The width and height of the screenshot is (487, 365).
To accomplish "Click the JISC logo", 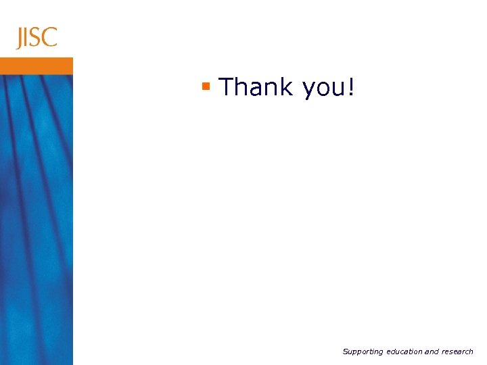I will click(x=37, y=37).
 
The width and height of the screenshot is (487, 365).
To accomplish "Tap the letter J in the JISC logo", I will click(x=21, y=39).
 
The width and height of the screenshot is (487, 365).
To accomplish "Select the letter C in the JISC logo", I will click(x=49, y=38).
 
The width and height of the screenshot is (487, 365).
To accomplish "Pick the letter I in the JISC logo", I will click(x=28, y=38).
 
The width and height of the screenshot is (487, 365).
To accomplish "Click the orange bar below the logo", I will click(x=36, y=66).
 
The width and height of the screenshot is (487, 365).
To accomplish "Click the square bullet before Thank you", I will click(x=206, y=86).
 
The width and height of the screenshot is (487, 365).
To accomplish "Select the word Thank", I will click(x=256, y=87).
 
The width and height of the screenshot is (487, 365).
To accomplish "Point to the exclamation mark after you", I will click(x=350, y=87).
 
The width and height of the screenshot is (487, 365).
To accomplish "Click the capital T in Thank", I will click(x=227, y=87).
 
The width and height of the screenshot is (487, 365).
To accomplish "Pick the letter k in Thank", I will click(x=286, y=87).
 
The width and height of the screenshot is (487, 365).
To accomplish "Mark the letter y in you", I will click(x=308, y=91).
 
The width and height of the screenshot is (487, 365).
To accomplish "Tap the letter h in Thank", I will click(x=241, y=87).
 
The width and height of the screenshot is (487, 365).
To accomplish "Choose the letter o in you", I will click(x=323, y=89).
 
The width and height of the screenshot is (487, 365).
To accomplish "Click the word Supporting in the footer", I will click(x=363, y=351).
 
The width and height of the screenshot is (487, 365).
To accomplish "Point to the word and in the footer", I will click(x=432, y=351).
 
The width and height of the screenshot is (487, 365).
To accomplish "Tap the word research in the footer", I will click(x=458, y=351).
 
